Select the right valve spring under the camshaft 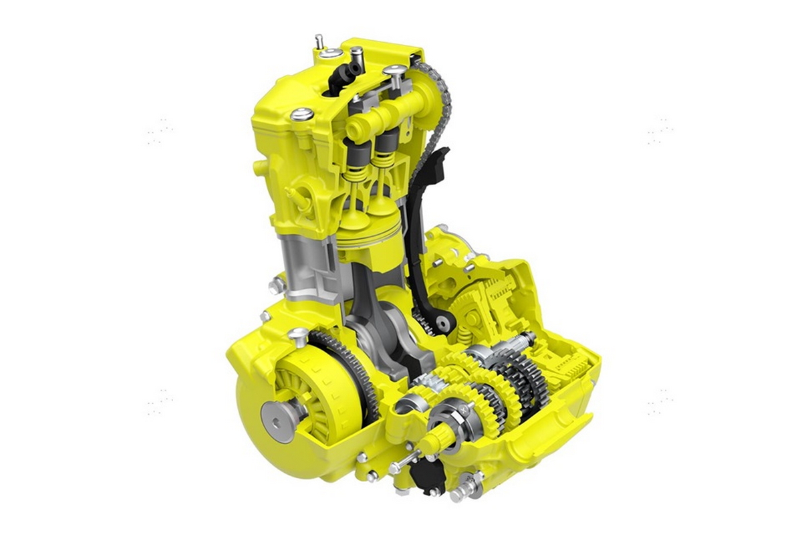click(x=382, y=175)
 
